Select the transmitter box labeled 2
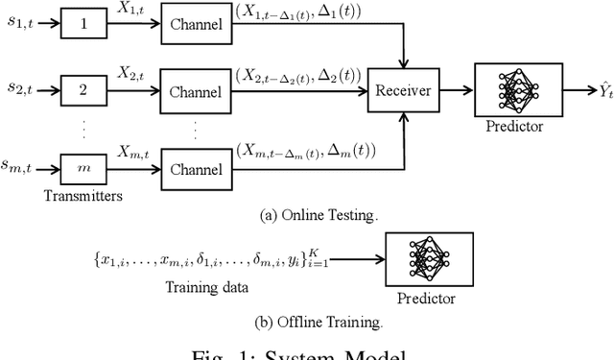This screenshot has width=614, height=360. [x=82, y=92]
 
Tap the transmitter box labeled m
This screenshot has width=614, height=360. [x=82, y=169]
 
